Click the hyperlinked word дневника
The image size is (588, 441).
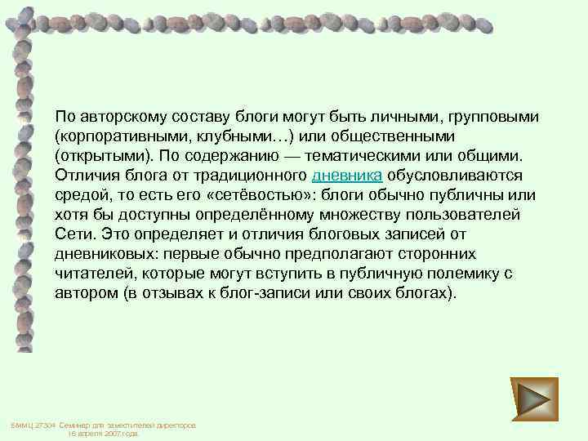(x=347, y=175)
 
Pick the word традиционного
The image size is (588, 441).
(x=247, y=175)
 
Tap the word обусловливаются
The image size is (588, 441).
(x=449, y=175)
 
